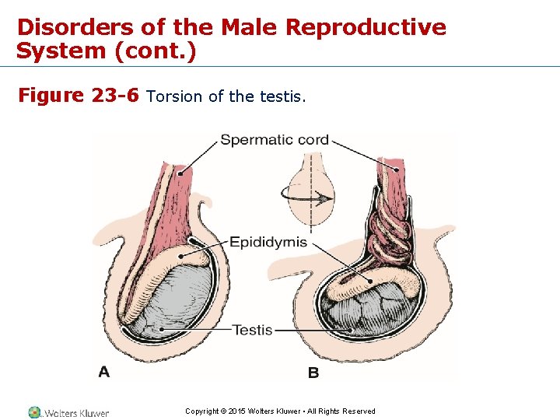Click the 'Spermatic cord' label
(275, 141)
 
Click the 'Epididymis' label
(268, 242)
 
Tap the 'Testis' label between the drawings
(253, 330)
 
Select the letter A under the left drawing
(104, 372)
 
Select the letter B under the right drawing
(313, 373)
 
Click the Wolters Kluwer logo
(68, 412)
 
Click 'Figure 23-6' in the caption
(78, 96)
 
